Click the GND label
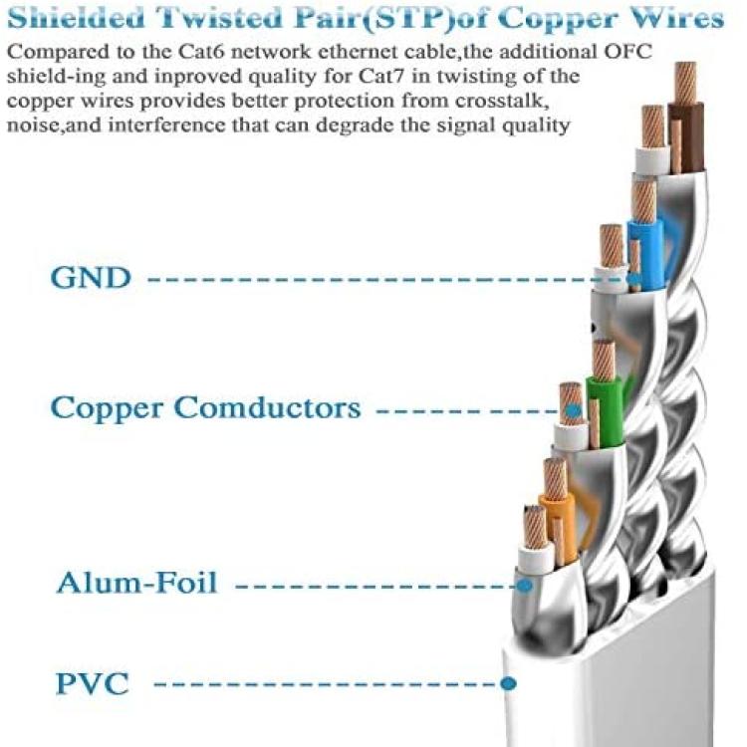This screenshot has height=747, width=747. [x=91, y=277]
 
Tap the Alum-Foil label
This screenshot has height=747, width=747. [x=136, y=581]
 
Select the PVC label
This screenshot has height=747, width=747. [x=92, y=683]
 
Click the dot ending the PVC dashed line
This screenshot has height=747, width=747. [x=509, y=683]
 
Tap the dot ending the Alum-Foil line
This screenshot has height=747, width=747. [x=522, y=581]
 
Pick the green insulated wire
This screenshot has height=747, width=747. [x=605, y=408]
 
